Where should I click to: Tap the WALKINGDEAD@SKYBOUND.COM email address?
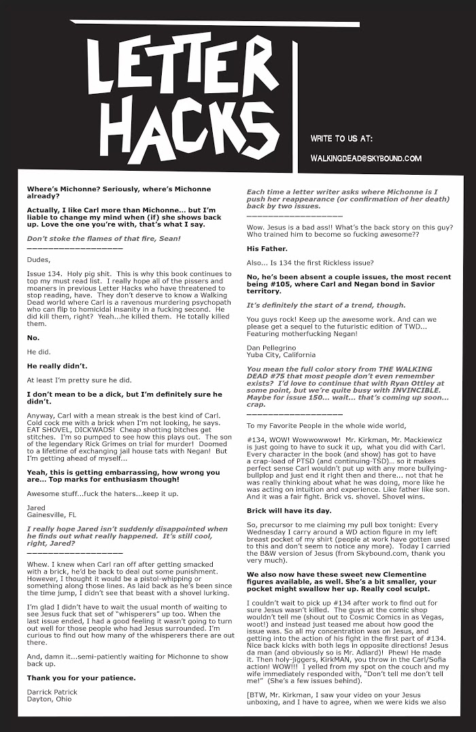click(x=366, y=159)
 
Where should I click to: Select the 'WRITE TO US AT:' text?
click(x=341, y=138)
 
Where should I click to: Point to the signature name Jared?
click(x=36, y=508)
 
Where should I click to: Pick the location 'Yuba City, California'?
click(x=281, y=354)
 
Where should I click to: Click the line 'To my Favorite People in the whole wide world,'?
click(x=324, y=425)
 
